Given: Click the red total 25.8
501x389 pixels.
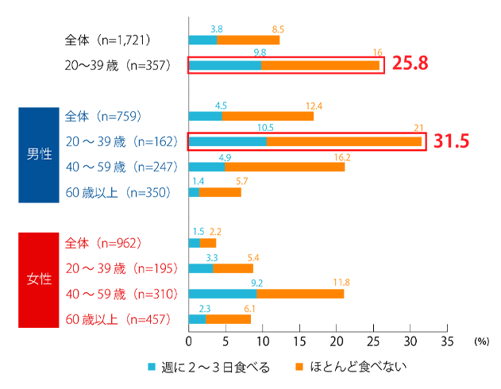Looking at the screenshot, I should (x=410, y=64).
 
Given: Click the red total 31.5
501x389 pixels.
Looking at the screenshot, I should (x=453, y=141).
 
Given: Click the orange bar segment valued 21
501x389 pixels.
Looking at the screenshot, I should (x=344, y=141).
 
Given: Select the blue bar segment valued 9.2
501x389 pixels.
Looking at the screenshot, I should (x=222, y=294).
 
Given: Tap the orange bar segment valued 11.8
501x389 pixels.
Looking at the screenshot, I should (x=300, y=294).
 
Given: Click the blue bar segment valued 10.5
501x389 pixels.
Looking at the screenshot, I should (x=227, y=141).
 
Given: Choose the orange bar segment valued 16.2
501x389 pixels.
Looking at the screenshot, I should (x=285, y=167).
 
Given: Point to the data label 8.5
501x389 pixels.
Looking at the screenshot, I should (x=278, y=29).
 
